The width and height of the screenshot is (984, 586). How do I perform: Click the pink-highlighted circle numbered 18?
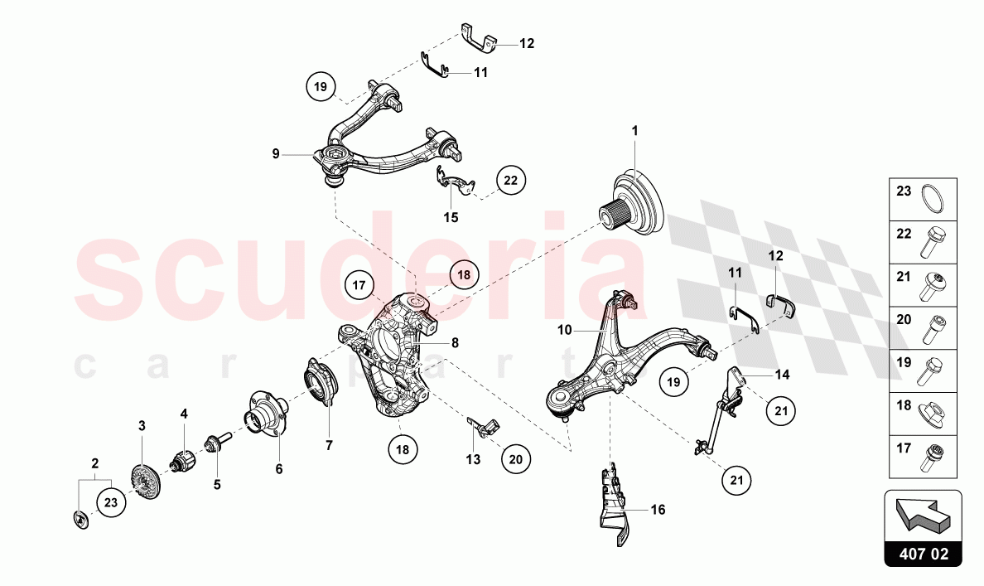coord(464,274)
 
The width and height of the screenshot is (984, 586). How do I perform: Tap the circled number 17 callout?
coord(359,285)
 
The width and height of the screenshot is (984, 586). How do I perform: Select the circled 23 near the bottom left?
coord(111,502)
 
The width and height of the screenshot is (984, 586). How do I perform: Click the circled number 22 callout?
coord(511,180)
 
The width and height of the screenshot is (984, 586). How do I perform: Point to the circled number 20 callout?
coord(516,459)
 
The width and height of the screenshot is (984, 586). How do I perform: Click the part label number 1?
coord(634,131)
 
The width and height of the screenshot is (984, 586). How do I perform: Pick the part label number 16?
coord(658,510)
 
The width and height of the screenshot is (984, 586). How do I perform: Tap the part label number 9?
coord(276,153)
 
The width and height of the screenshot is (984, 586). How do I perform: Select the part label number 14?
coord(782,375)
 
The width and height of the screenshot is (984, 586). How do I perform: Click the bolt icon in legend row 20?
coord(931,328)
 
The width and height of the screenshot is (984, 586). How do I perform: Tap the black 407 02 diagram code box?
coord(924,555)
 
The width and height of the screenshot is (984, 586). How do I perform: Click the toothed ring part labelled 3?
coord(147,482)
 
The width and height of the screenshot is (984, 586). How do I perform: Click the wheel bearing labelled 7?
coord(321,381)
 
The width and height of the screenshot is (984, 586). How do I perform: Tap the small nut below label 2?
coord(81,520)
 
